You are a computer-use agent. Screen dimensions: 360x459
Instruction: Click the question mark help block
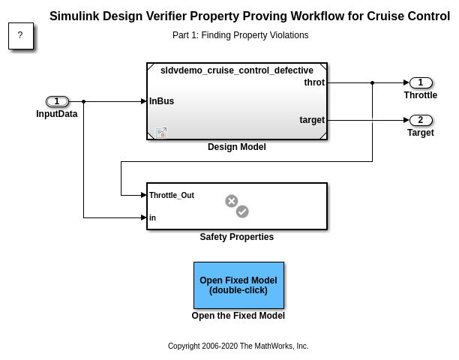point(20,35)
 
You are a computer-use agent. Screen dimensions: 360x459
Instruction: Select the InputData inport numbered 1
point(57,101)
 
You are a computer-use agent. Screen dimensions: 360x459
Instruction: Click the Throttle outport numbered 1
point(420,82)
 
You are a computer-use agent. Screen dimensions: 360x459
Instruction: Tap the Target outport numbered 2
point(420,120)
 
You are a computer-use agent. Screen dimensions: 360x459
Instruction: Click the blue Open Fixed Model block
point(238,285)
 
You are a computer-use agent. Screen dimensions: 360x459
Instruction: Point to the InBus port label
point(162,101)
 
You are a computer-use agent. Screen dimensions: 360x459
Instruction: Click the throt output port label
point(314,82)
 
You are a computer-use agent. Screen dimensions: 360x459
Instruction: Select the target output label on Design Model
point(312,120)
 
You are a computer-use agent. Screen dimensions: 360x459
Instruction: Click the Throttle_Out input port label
point(172,195)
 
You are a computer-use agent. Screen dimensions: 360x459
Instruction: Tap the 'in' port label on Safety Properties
point(153,217)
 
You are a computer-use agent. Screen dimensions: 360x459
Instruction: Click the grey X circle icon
point(232,201)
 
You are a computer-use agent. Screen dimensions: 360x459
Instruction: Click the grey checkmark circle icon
point(242,211)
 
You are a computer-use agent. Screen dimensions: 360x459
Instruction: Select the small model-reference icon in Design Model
point(161,133)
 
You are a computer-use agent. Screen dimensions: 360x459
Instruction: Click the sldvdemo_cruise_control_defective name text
point(237,70)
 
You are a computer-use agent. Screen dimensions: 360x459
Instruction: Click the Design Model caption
point(237,147)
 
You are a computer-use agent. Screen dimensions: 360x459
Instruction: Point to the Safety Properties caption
point(237,237)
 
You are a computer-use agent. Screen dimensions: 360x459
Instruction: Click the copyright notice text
point(238,346)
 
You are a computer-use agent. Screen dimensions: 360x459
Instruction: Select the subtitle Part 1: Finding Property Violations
point(240,35)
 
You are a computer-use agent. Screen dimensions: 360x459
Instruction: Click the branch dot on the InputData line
point(83,101)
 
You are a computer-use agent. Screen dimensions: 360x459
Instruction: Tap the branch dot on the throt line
point(372,82)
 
